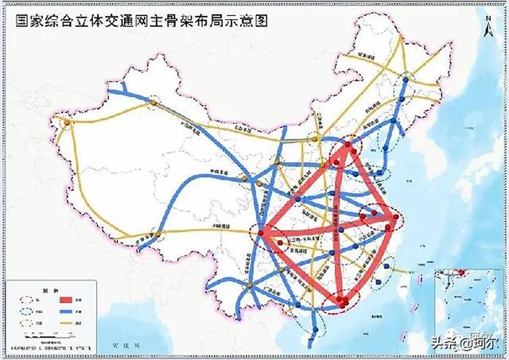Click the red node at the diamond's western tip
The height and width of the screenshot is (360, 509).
263,232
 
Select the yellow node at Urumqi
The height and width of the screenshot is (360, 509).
151,101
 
